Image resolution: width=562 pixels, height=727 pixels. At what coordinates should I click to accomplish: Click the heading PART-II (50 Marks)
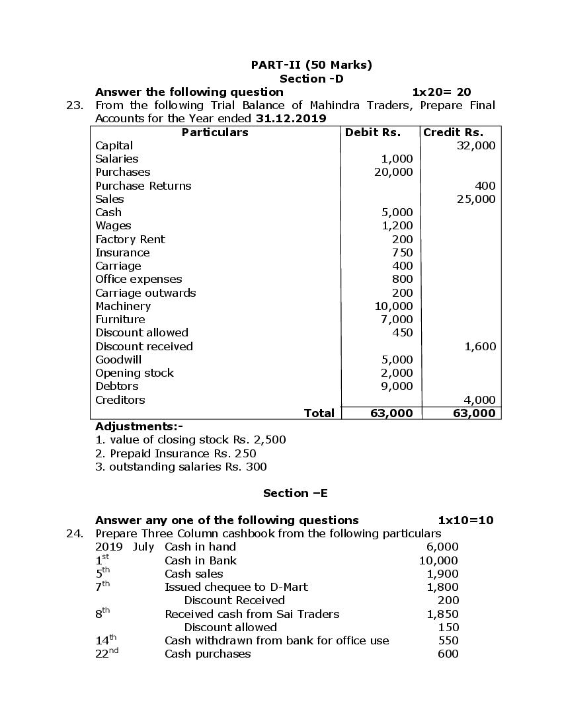311,65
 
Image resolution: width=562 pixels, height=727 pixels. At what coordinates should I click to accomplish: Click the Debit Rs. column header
373,132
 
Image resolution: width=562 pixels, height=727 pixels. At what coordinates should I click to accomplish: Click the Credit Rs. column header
453,132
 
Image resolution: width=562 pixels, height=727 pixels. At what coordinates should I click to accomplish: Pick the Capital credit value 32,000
475,145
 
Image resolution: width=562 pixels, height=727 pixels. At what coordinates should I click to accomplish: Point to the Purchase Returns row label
143,186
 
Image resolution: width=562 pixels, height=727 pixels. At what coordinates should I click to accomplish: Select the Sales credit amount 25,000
475,199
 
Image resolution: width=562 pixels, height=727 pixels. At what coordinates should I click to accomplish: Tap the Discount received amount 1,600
480,346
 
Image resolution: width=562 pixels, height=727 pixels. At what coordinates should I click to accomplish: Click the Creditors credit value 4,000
480,400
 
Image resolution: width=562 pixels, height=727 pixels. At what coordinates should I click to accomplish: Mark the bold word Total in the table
319,413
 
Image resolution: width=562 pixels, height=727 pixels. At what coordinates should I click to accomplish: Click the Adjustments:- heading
139,426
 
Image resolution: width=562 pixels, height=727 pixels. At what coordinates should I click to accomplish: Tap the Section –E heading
295,493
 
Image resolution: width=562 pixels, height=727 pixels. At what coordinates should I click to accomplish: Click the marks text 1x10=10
465,520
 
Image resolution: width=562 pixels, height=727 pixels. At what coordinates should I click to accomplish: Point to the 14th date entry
106,640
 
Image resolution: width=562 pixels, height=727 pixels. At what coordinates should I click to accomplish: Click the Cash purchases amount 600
448,654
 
